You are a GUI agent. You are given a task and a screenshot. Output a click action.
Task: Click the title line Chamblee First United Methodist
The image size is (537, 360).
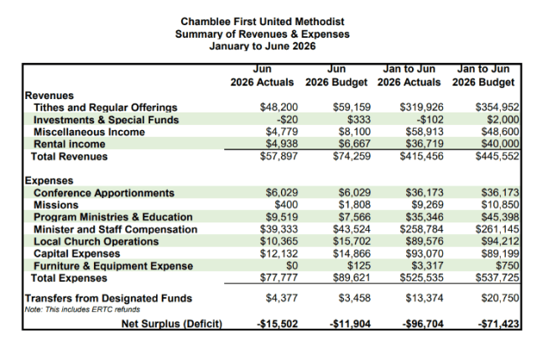tap(263, 22)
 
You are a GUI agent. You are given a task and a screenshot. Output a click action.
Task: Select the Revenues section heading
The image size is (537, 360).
tap(50, 95)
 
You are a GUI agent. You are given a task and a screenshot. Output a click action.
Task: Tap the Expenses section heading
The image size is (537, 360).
tap(50, 180)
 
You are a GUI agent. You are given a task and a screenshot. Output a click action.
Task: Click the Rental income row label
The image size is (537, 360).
tap(70, 143)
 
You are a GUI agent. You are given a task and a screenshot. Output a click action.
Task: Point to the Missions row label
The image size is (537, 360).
tap(56, 205)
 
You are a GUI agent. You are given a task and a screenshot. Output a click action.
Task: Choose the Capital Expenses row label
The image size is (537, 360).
tap(77, 253)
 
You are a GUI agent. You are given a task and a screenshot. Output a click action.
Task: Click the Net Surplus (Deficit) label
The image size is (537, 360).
tap(172, 324)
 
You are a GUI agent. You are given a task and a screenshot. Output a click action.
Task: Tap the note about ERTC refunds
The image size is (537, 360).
tap(82, 310)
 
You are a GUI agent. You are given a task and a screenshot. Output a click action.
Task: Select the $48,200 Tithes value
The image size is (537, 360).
tap(279, 107)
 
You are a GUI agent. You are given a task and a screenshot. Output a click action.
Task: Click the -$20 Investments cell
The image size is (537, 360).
tap(287, 119)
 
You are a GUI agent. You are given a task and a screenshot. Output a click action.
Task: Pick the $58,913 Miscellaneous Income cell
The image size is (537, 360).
tap(425, 132)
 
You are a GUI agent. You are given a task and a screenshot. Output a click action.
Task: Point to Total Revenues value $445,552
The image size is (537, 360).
tap(498, 156)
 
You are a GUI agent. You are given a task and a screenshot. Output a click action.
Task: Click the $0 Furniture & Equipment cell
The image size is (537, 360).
tap(292, 266)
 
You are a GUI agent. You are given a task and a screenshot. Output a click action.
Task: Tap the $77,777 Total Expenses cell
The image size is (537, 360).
tap(279, 278)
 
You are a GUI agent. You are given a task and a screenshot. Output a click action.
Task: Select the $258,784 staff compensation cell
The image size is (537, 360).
tap(421, 229)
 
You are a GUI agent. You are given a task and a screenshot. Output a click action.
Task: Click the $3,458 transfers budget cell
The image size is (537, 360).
tap(354, 298)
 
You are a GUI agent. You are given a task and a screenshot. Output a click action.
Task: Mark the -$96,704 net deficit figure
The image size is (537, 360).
tap(423, 324)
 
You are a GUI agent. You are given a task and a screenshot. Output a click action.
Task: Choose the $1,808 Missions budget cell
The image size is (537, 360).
tap(354, 205)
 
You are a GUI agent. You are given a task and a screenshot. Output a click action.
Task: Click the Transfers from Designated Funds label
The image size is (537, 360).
tap(108, 299)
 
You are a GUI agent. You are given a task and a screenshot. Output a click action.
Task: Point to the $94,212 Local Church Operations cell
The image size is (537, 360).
tap(500, 242)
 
